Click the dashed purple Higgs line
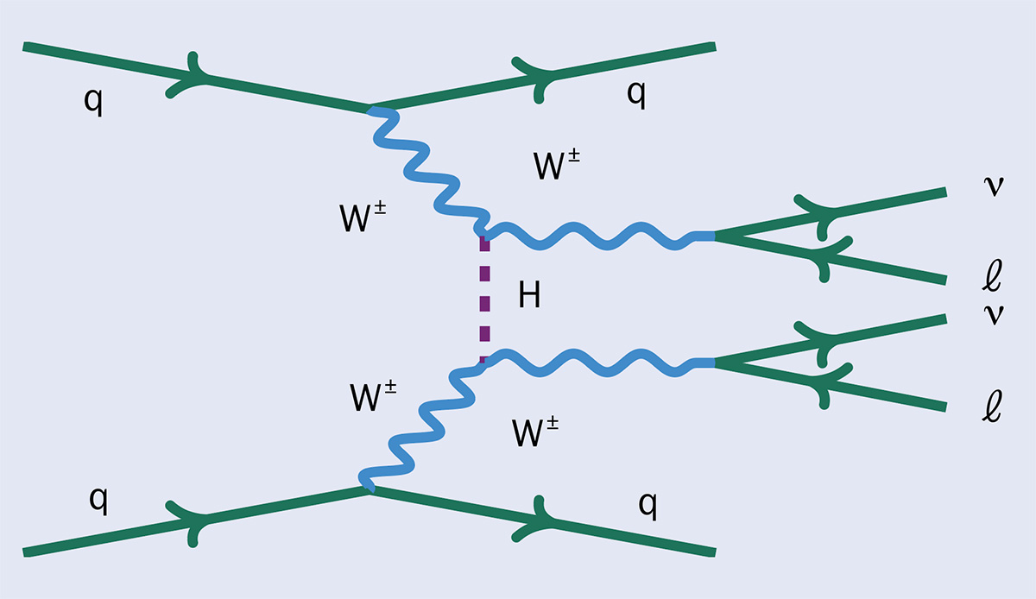(x=484, y=299)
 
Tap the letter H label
(x=529, y=297)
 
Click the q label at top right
(x=635, y=96)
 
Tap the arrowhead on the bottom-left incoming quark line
(x=189, y=520)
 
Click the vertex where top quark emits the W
(x=371, y=110)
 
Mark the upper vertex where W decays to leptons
(x=714, y=235)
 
